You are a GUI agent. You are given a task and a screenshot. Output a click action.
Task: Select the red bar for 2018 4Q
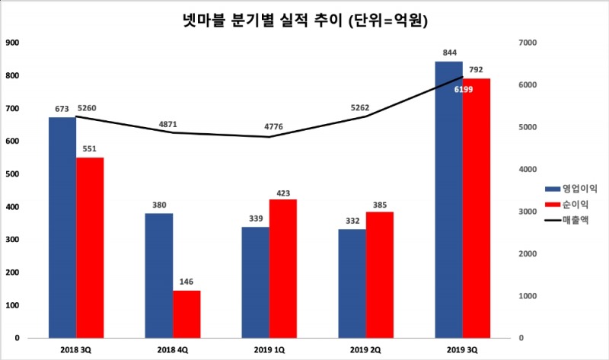(x=187, y=314)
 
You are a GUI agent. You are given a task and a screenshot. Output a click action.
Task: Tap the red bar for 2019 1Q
(x=283, y=268)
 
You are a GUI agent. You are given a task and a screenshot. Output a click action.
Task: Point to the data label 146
(x=187, y=282)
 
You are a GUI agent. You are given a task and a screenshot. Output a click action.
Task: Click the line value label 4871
(x=170, y=123)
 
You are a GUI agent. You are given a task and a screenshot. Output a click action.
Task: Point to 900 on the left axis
(x=13, y=43)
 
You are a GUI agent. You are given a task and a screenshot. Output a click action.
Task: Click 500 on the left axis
(x=13, y=174)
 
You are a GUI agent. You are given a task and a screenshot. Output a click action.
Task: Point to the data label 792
(x=477, y=70)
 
